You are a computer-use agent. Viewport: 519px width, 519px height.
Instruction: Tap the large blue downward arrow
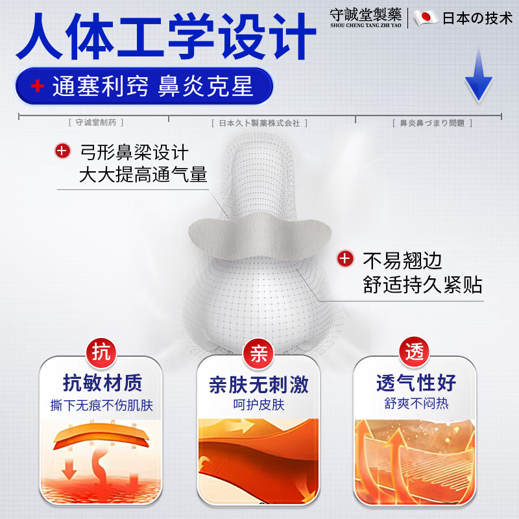click(479, 77)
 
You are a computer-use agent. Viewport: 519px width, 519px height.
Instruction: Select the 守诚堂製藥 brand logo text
click(365, 14)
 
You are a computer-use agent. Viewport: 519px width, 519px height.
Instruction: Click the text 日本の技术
click(477, 18)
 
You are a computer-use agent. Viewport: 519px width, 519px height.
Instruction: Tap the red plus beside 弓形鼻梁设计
click(62, 152)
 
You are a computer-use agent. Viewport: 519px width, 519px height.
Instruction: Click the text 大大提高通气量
click(143, 175)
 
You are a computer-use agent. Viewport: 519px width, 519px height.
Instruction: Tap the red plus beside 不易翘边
click(345, 259)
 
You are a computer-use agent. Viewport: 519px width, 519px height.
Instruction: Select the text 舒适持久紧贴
click(422, 285)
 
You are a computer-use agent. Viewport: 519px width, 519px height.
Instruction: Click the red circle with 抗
click(101, 353)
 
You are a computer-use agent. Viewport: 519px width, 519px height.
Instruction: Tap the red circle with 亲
click(259, 354)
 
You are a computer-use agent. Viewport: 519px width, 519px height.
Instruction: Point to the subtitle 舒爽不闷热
click(416, 404)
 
